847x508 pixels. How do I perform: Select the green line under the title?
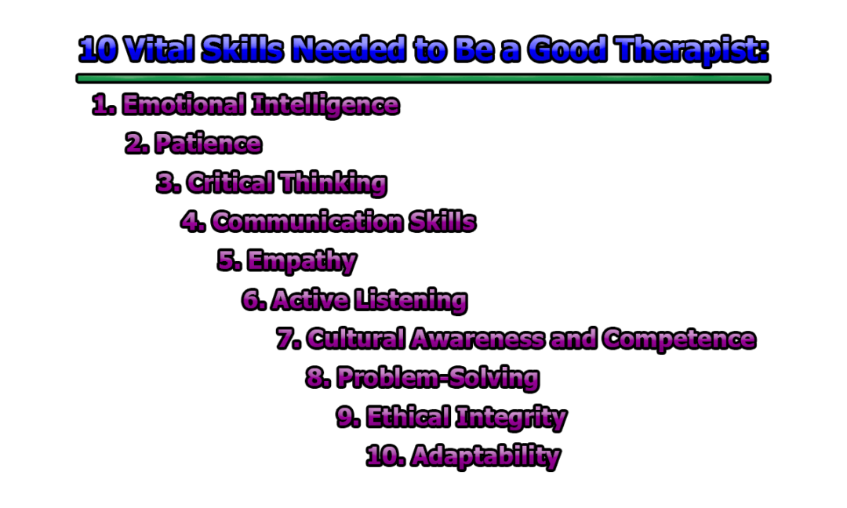[x=423, y=78]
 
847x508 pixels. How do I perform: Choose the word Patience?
[x=208, y=143]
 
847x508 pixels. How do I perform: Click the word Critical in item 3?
[x=231, y=183]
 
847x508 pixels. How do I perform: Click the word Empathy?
[x=302, y=261]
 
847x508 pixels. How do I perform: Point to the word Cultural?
[x=356, y=339]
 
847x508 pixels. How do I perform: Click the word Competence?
[x=679, y=339]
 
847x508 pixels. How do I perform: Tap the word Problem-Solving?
[x=438, y=378]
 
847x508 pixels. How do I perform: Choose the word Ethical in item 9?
[x=408, y=417]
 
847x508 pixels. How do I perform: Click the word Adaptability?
[x=485, y=455]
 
